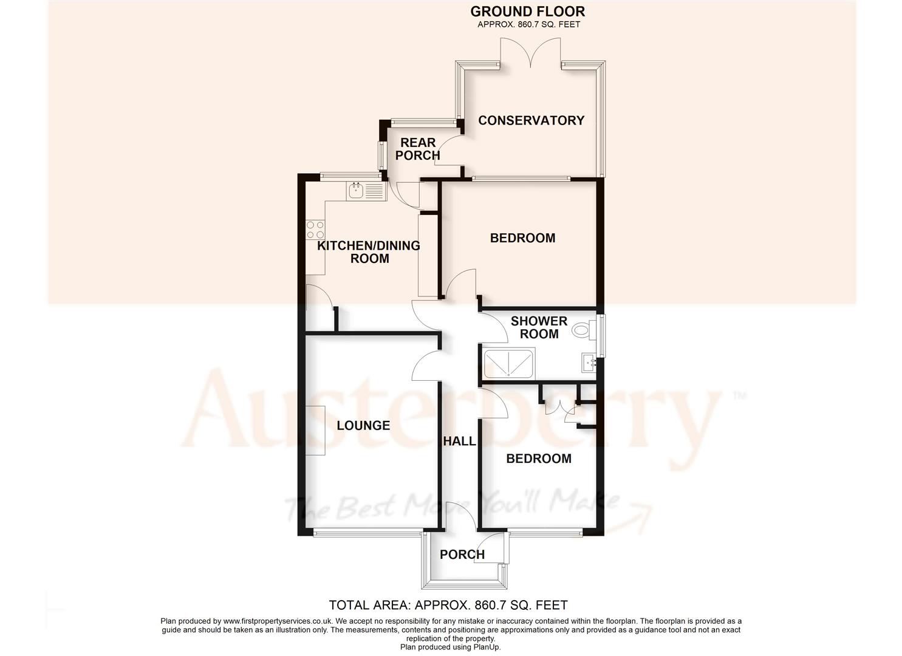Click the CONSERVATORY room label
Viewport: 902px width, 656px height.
point(531,120)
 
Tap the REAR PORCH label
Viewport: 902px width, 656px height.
point(418,149)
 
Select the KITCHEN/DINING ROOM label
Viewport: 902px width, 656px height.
point(369,252)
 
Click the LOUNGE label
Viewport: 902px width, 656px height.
point(363,425)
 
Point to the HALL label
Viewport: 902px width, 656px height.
point(459,441)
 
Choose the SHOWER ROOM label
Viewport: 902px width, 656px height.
point(539,327)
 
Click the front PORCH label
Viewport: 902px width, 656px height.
point(462,555)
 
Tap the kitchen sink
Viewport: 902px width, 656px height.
point(366,191)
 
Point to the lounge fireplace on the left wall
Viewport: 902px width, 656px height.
point(315,430)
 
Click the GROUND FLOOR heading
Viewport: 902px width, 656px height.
point(527,11)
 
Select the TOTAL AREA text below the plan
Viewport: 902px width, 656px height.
point(448,605)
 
